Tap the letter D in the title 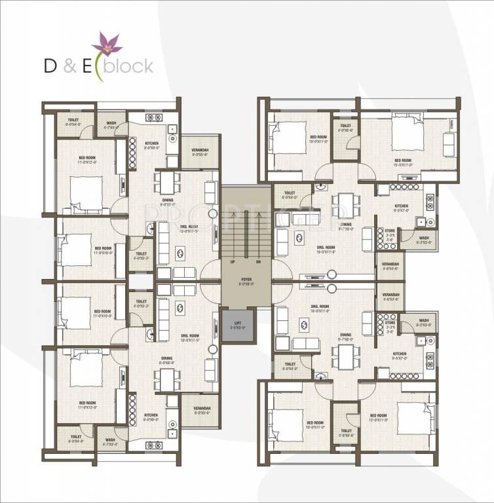tap(50, 66)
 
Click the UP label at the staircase tap(232, 261)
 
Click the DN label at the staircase tap(259, 261)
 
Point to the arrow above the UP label tap(232, 236)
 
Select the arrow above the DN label tap(259, 236)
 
